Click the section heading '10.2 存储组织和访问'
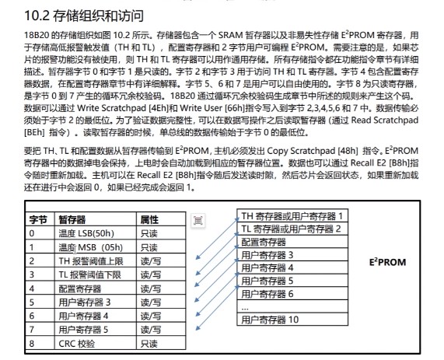coord(85,15)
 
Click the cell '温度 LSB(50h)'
coord(86,232)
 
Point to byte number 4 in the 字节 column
coord(32,288)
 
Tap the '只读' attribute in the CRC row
coord(149,343)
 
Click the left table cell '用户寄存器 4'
coord(83,316)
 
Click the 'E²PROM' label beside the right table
coord(387,262)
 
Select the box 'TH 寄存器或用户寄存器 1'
coord(292,215)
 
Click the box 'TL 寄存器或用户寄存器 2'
coord(292,228)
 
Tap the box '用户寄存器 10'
coord(270,320)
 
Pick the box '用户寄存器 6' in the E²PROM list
coord(267,293)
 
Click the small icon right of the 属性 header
coord(198,222)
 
